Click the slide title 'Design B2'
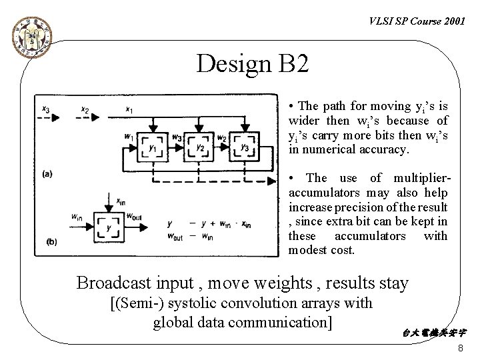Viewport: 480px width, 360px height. coord(253,64)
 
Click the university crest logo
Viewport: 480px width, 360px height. coord(29,39)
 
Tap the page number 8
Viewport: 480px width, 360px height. coord(461,350)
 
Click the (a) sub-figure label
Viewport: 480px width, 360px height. coord(47,174)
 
